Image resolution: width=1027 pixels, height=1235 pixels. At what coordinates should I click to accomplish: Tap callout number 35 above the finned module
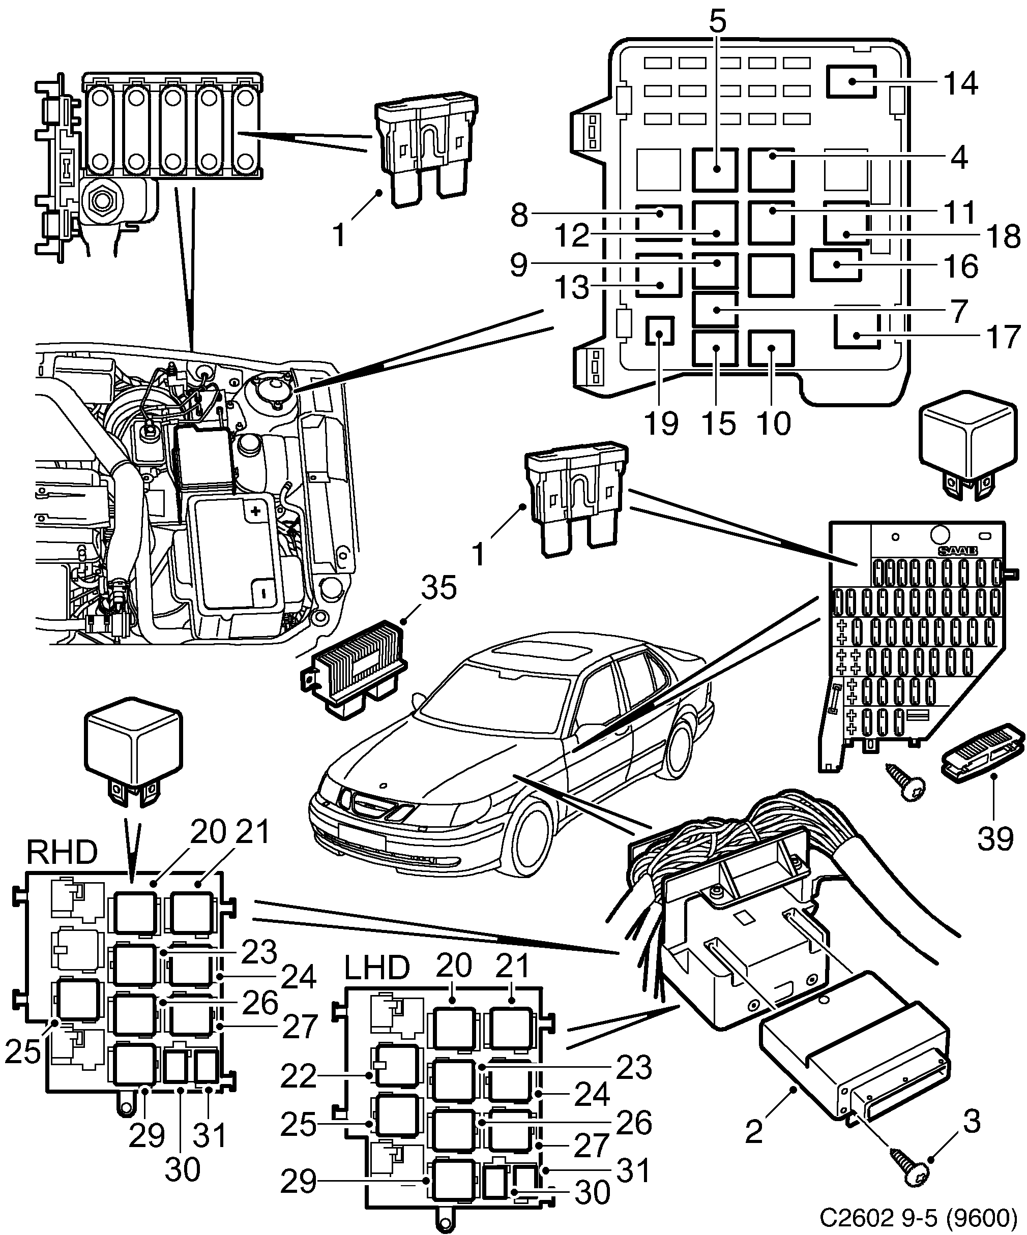[x=438, y=588]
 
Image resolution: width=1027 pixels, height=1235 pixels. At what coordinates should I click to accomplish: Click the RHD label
[x=62, y=852]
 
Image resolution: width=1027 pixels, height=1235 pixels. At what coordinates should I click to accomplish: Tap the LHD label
[x=376, y=968]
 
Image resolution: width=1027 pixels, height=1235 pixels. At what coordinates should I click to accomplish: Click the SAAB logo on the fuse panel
[x=958, y=551]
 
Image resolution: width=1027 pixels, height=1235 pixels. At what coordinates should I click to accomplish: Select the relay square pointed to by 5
[x=715, y=169]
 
